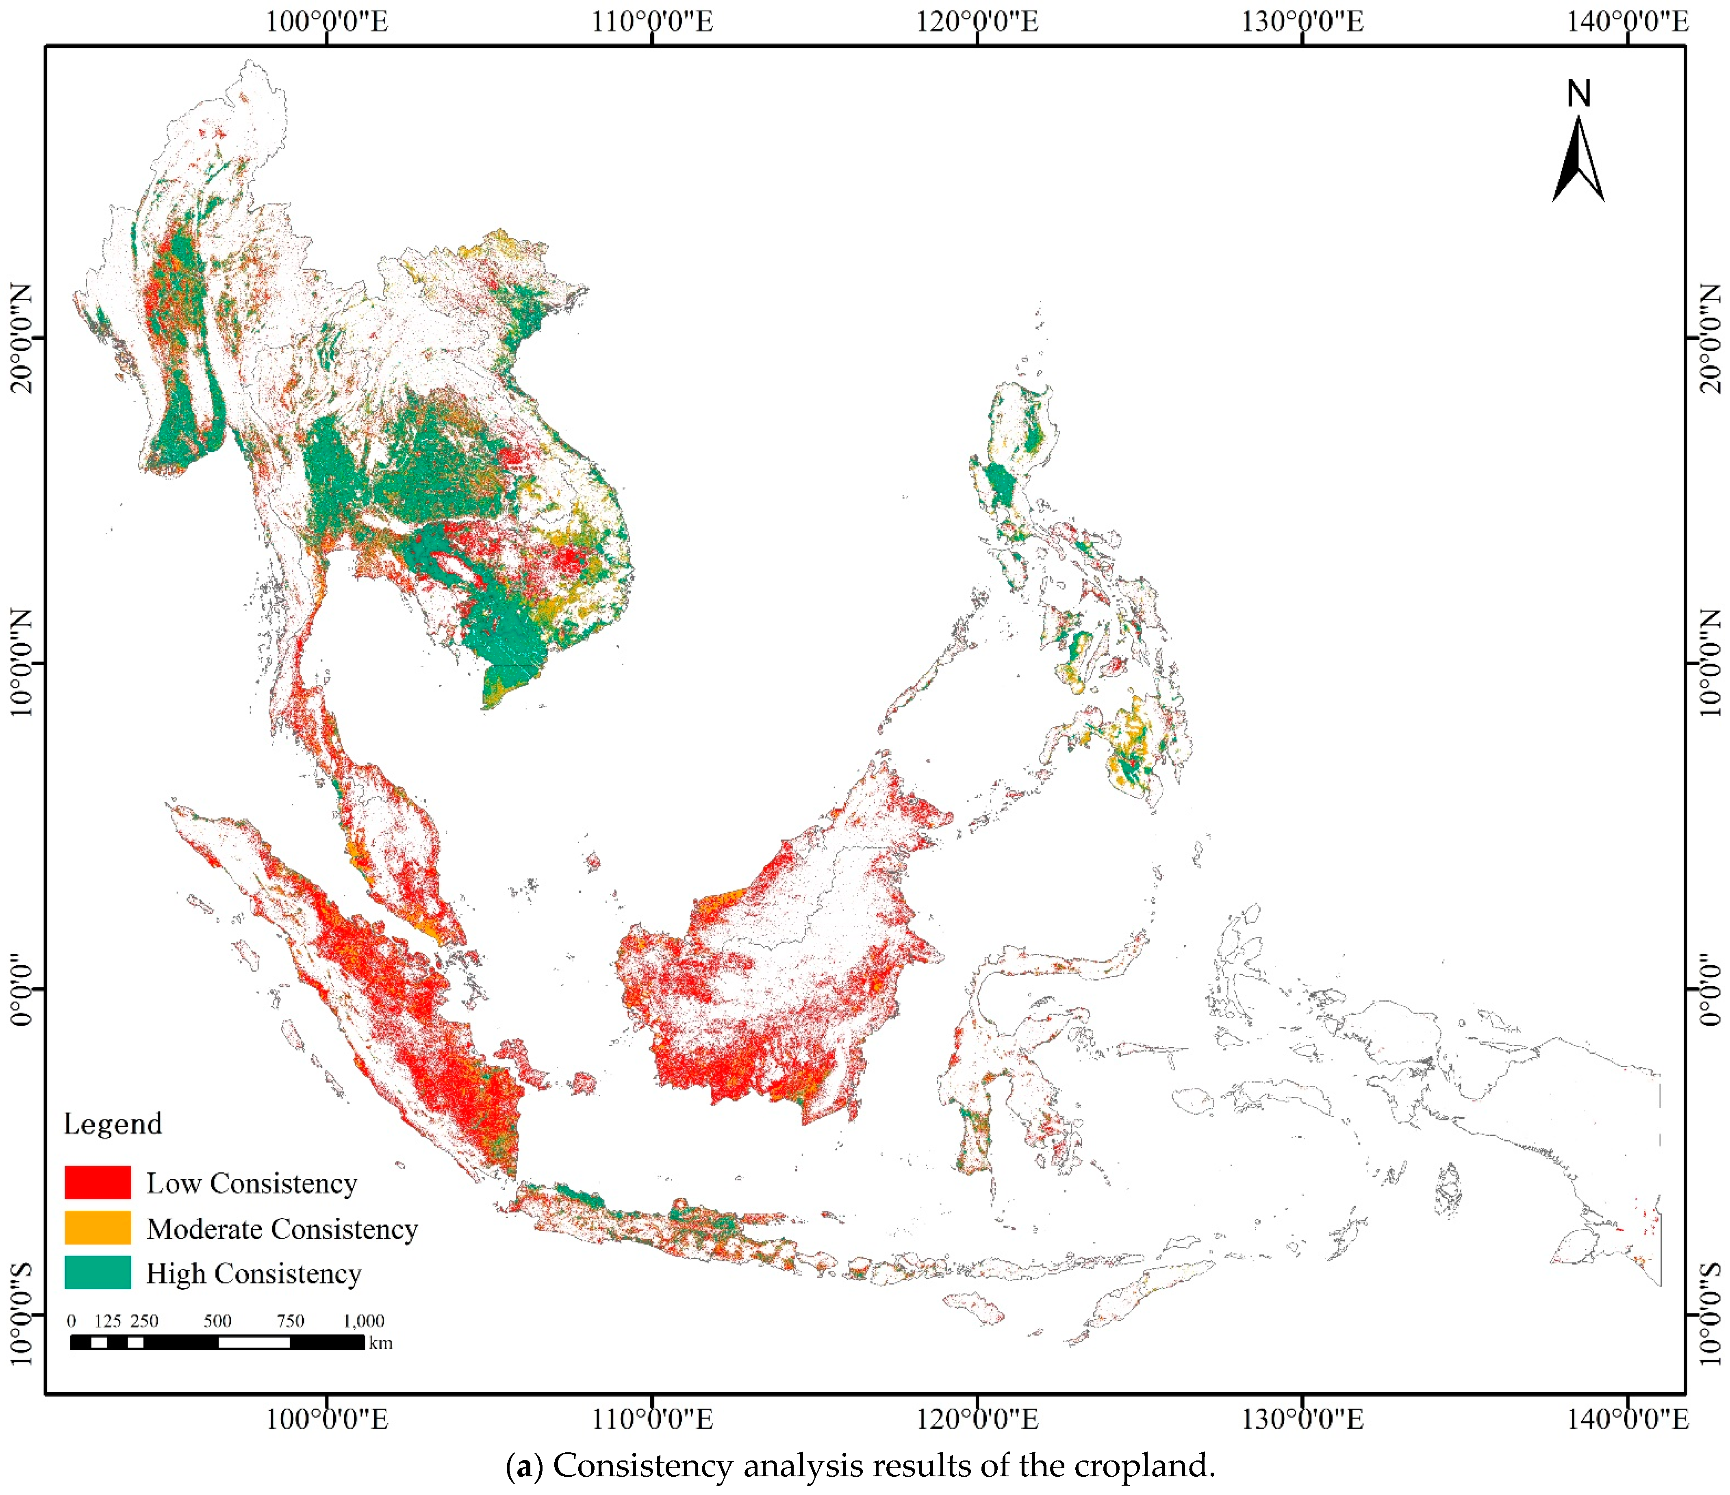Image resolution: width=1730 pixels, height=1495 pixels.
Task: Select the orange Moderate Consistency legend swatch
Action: [98, 1228]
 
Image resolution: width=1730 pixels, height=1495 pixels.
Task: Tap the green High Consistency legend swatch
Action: [98, 1272]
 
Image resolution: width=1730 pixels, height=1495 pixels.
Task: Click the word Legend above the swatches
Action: [113, 1124]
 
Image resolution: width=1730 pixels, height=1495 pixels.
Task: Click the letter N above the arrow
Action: [1578, 93]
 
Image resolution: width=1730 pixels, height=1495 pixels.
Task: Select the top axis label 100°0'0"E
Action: [326, 21]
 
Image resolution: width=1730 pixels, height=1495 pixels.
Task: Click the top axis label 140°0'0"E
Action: [1627, 21]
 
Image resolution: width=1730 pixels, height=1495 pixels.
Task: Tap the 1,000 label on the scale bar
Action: [364, 1321]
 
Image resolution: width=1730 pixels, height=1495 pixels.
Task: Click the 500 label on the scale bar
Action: [218, 1321]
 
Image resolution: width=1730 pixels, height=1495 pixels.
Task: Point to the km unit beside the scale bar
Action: [381, 1343]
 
